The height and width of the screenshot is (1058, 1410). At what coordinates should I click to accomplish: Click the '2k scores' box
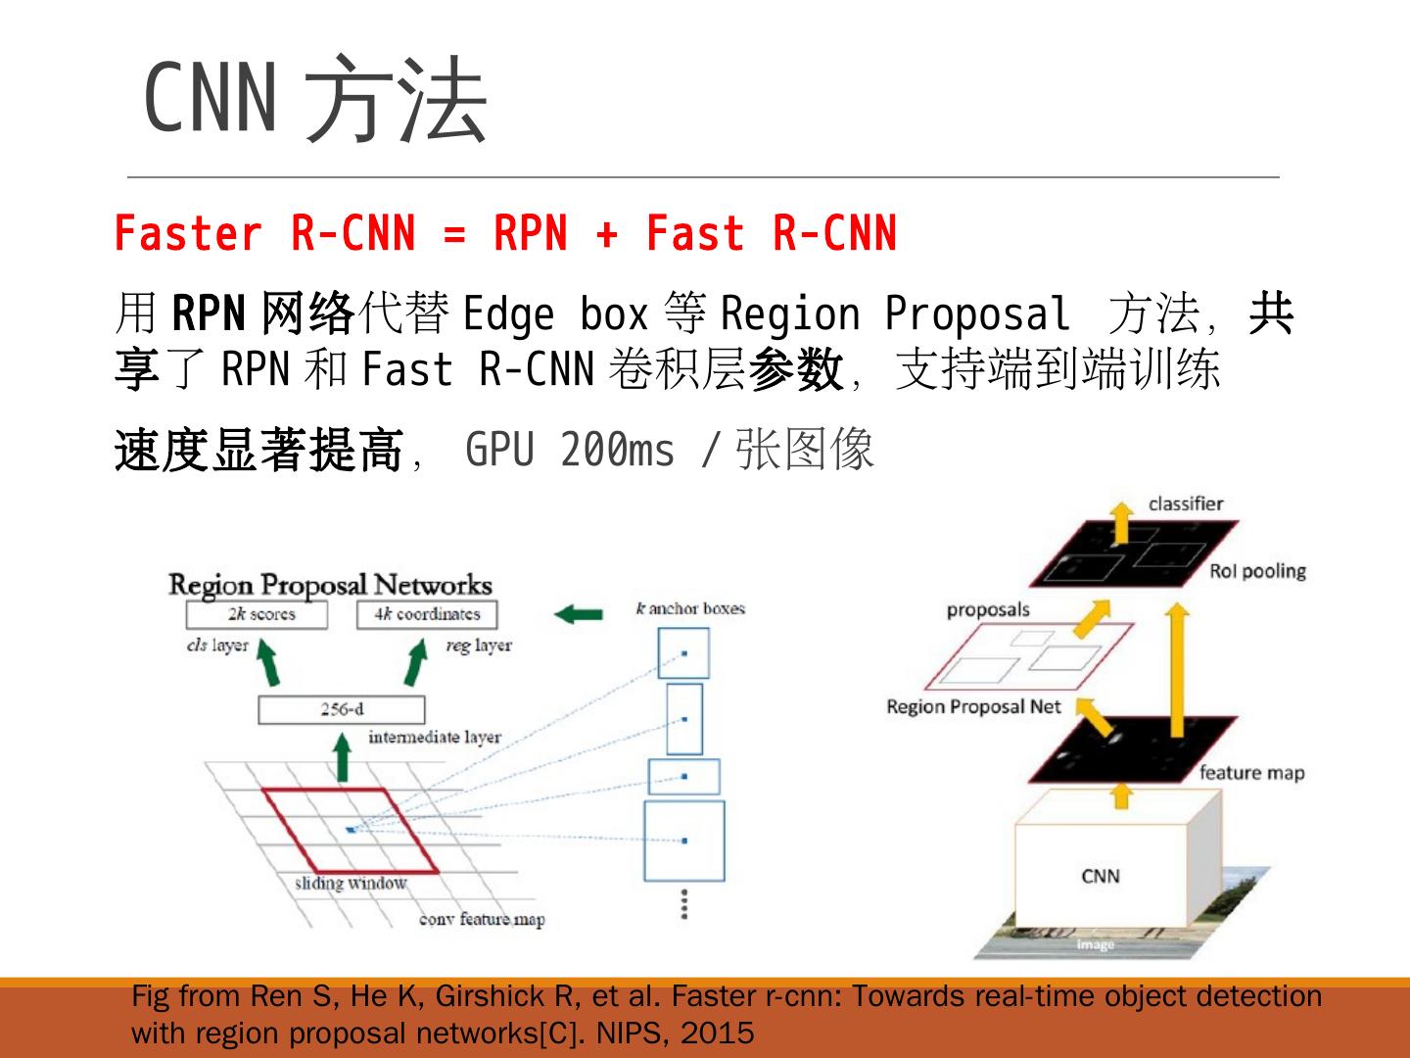pos(257,615)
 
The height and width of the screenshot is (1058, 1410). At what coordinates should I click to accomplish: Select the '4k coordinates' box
pos(427,615)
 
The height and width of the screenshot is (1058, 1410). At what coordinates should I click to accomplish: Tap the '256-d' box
pos(341,709)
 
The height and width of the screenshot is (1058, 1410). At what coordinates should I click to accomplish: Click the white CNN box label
pos(1100,876)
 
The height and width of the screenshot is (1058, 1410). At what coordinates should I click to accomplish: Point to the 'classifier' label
pos(1186,504)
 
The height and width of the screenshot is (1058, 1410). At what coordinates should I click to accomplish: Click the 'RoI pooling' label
pos(1257,571)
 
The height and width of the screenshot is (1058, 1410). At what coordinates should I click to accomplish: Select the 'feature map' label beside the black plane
pos(1251,773)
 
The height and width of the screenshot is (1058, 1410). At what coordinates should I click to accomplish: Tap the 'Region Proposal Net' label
pos(973,706)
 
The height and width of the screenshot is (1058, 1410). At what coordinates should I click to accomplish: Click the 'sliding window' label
pos(351,884)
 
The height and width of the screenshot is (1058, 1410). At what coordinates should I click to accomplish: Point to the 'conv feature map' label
pos(482,919)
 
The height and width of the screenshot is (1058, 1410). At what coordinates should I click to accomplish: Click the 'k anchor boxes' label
pos(690,608)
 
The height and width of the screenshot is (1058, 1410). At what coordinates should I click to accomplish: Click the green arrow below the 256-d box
pos(342,757)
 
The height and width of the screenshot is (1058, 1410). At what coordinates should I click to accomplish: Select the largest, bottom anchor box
pos(683,841)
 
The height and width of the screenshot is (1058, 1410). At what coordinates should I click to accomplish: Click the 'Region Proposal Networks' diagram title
pos(330,585)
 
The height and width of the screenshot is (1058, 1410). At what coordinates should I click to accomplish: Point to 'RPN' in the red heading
pos(530,234)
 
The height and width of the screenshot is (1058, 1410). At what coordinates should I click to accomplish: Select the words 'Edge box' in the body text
pos(554,314)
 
